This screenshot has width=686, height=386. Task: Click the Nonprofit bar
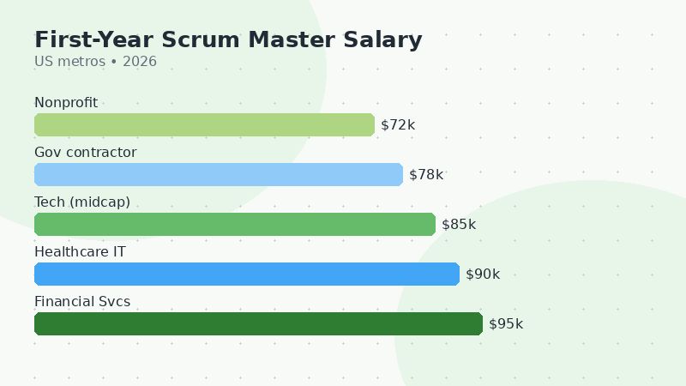204,125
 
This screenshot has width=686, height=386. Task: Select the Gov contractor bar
219,175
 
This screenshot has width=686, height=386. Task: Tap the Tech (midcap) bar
235,225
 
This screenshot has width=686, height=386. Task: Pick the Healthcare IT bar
247,274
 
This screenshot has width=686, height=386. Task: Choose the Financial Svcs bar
258,324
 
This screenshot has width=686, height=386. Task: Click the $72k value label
398,125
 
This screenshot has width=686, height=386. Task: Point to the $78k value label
426,175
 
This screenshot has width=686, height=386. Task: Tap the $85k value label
459,225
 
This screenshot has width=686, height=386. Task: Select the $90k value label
483,274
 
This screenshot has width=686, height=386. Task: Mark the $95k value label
506,324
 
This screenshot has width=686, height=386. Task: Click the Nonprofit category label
66,103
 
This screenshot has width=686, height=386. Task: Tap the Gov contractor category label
85,153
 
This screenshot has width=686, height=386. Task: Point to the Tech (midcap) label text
82,202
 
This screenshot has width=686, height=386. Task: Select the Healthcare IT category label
80,252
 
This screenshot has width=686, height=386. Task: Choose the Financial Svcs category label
82,302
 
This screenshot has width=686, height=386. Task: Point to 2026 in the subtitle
140,62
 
